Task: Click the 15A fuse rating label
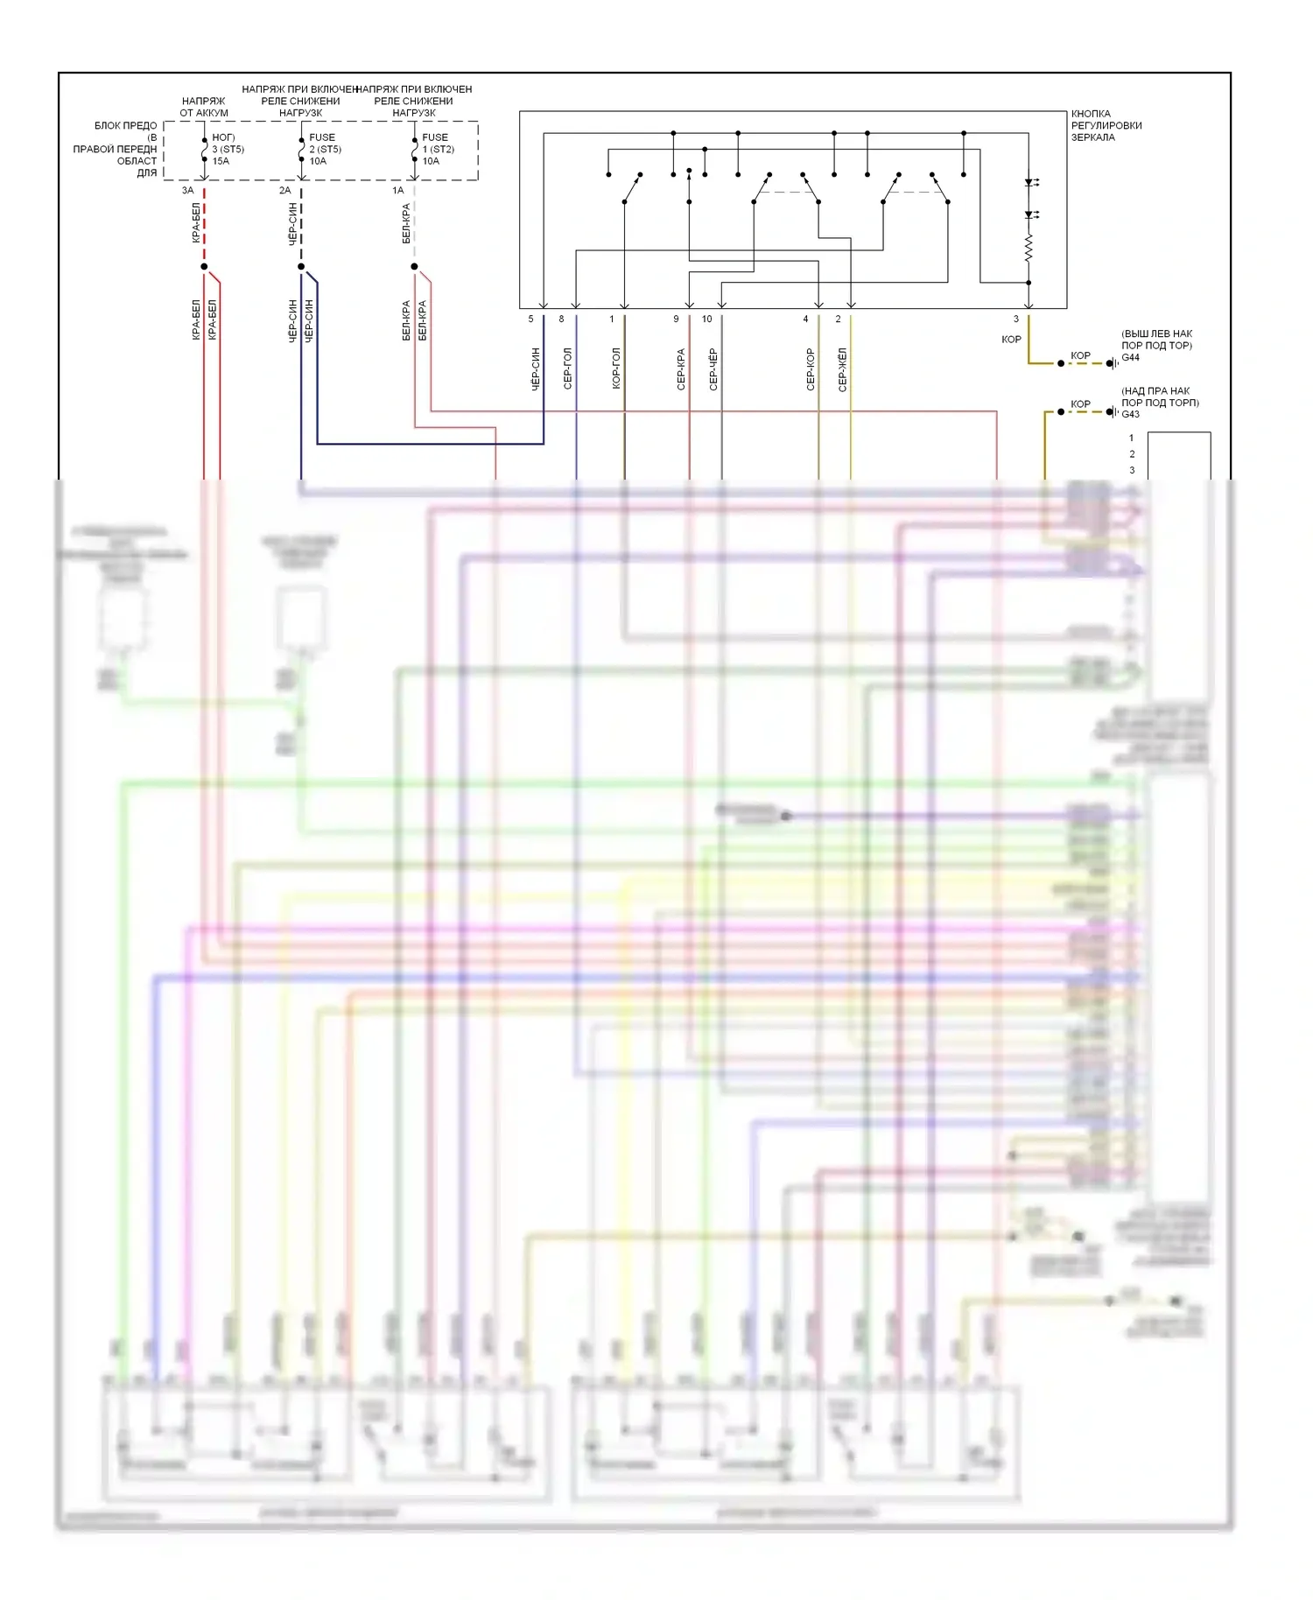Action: point(221,161)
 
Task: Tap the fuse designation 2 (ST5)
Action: point(325,149)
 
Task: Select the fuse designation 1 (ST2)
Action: point(438,149)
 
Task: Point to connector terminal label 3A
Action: point(187,190)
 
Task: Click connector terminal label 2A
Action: point(284,190)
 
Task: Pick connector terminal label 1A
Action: point(397,190)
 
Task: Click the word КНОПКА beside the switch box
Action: point(1091,114)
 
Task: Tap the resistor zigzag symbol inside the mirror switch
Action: point(1029,248)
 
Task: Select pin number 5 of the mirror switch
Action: point(530,319)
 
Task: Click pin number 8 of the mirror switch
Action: point(561,319)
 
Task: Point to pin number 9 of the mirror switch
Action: point(676,319)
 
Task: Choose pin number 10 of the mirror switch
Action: point(706,319)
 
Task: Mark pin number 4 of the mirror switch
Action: point(805,319)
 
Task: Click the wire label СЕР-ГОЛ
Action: point(567,368)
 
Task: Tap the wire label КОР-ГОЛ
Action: point(616,368)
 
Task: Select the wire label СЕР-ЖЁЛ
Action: point(842,368)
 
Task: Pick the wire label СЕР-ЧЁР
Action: point(713,368)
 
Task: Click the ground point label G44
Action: point(1131,357)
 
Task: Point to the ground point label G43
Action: point(1131,414)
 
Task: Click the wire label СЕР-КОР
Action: point(811,368)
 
